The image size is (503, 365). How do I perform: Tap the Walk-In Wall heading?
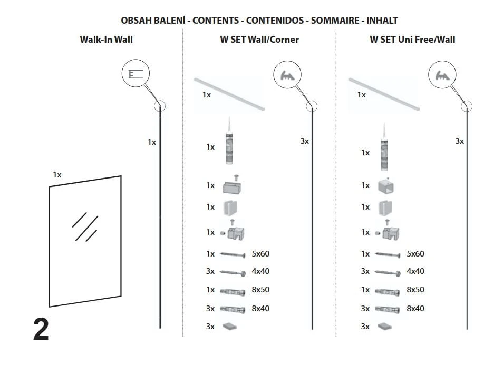click(x=106, y=40)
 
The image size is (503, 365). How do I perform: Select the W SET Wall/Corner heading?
click(x=259, y=40)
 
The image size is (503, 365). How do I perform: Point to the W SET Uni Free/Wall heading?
click(x=412, y=40)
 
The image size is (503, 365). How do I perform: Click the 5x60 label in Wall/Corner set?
click(x=260, y=254)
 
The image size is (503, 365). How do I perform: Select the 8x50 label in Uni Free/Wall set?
click(x=415, y=290)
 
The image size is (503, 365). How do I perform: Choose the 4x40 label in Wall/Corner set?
click(x=260, y=271)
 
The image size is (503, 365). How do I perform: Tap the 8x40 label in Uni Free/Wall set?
click(x=415, y=308)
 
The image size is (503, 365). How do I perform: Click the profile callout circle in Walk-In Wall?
click(x=136, y=75)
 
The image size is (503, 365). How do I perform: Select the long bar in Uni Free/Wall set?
click(x=383, y=93)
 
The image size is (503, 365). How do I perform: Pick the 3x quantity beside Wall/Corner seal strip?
click(x=304, y=141)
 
